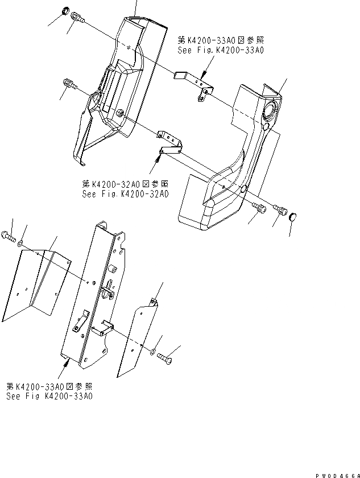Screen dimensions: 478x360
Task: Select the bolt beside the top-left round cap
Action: (x=77, y=20)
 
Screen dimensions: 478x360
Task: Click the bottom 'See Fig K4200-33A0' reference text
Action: (x=50, y=396)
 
